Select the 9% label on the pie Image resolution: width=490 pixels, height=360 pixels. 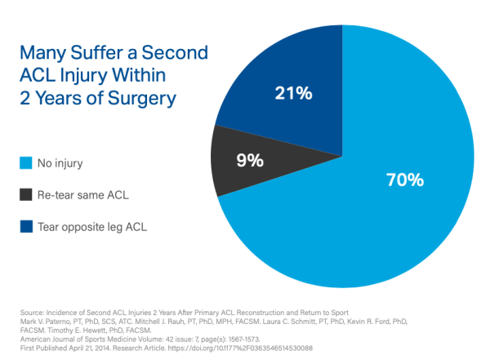click(251, 160)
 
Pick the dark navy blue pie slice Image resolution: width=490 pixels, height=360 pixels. click(278, 73)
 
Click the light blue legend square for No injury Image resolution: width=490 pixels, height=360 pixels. click(25, 163)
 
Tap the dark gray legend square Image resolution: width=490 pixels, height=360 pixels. click(25, 195)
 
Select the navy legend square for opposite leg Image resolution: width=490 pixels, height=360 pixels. click(25, 227)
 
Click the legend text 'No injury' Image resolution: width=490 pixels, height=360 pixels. click(61, 163)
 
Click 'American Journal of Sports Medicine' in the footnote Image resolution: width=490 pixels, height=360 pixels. click(90, 337)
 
